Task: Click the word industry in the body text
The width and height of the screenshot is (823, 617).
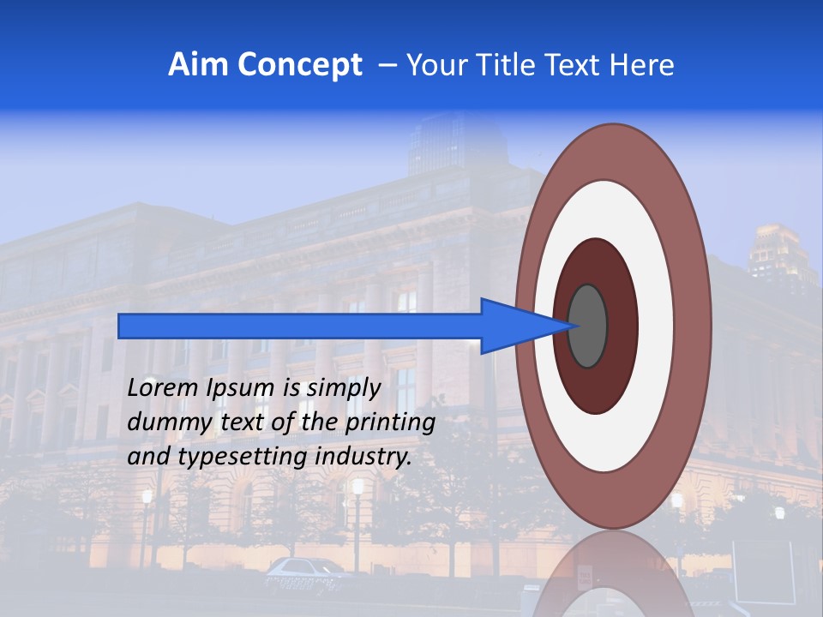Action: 363,457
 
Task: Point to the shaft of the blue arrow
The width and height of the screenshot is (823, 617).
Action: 300,326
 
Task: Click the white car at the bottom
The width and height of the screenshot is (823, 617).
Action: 304,571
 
